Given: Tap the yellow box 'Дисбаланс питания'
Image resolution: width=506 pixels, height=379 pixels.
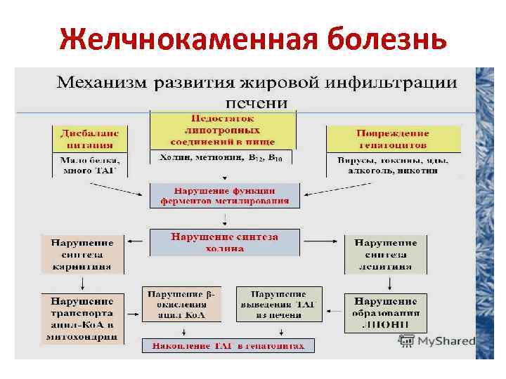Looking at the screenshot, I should click(90, 139).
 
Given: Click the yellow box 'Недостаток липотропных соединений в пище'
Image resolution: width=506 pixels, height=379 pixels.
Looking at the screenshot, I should click(223, 130).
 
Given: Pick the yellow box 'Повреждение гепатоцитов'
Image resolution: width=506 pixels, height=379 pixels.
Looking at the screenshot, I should click(393, 139).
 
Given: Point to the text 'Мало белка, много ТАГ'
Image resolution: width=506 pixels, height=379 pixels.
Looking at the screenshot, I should click(90, 165).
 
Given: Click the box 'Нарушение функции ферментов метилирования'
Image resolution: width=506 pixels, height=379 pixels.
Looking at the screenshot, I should click(224, 195).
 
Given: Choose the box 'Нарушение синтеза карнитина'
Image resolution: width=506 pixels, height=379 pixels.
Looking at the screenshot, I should click(84, 253).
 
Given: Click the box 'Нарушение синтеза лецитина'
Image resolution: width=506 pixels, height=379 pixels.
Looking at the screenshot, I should click(385, 253).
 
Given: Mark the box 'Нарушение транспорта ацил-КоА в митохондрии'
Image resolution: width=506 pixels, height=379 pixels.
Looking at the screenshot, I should click(84, 318).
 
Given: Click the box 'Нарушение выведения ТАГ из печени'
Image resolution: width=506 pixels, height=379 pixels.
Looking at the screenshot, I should click(277, 304).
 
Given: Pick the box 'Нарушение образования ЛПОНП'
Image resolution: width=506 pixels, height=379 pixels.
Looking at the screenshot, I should click(385, 312).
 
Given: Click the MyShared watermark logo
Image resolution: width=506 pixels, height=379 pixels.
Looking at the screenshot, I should click(436, 342).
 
